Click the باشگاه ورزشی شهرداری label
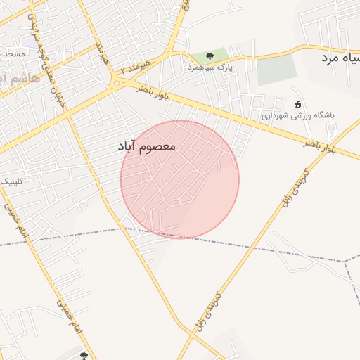point(299,115)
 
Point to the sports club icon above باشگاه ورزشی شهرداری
point(297,104)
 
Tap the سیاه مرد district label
point(341,57)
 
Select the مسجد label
point(13,54)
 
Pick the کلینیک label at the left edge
point(9,181)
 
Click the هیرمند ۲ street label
point(136,67)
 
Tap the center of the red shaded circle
point(180,179)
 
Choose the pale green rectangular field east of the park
point(276,70)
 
